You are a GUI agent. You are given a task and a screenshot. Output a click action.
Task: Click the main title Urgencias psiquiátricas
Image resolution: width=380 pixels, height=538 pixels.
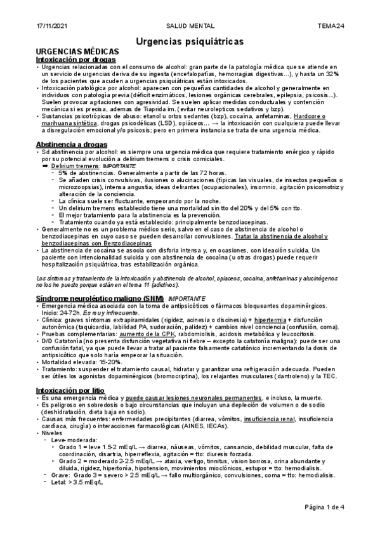(x=189, y=41)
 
